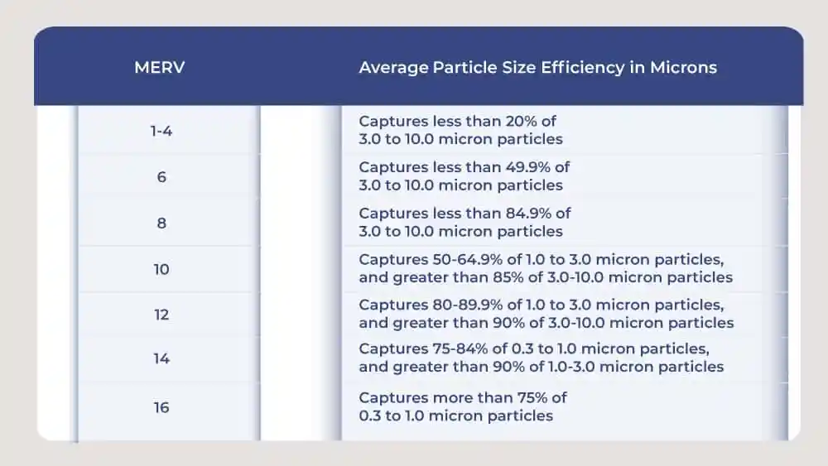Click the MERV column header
pyautogui.click(x=159, y=68)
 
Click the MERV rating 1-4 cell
pyautogui.click(x=161, y=131)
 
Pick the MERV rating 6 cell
pyautogui.click(x=161, y=176)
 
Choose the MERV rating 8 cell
pyautogui.click(x=161, y=223)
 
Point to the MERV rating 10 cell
pyautogui.click(x=161, y=269)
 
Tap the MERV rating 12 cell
pyautogui.click(x=161, y=315)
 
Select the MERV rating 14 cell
pyautogui.click(x=161, y=359)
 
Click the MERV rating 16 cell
pyautogui.click(x=161, y=406)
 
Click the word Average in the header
pyautogui.click(x=393, y=68)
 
